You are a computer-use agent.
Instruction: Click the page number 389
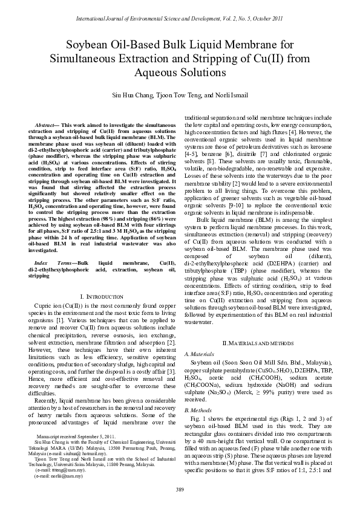pos(180,489)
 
